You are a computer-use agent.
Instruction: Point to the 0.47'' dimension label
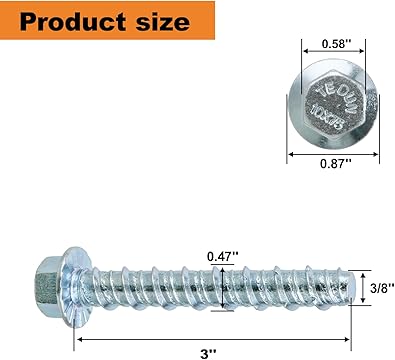pos(222,255)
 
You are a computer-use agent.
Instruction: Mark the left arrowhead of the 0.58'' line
pos(304,54)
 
